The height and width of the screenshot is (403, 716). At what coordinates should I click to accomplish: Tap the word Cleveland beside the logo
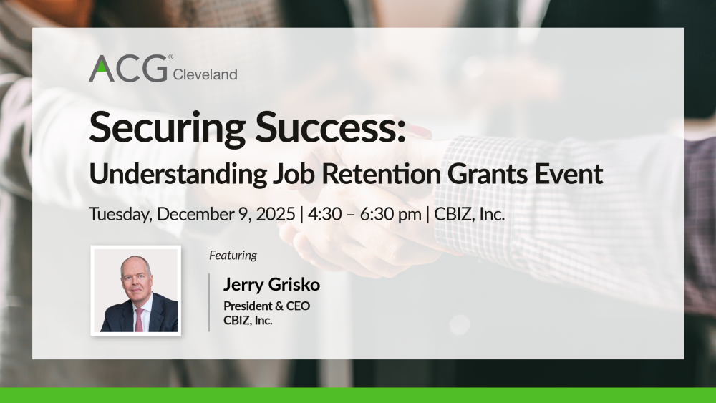point(205,74)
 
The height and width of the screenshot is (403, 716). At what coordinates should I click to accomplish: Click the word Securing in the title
point(167,128)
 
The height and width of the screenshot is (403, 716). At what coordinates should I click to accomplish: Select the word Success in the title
point(329,127)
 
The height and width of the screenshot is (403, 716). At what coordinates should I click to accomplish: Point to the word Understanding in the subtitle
point(178,173)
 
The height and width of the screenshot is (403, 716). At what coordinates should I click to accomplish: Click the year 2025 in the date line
point(276,214)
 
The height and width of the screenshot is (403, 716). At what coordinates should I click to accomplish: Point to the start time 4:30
point(324,214)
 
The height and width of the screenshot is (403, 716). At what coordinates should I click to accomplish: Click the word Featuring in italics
point(233,255)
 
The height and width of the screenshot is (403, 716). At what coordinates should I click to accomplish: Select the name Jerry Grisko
point(271,284)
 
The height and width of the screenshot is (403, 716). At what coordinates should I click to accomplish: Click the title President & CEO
point(266,306)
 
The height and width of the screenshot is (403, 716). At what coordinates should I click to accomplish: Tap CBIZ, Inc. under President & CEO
point(248,321)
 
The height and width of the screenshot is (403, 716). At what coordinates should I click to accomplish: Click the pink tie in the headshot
point(139,319)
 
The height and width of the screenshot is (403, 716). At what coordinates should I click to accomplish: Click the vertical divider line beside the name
point(209,302)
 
